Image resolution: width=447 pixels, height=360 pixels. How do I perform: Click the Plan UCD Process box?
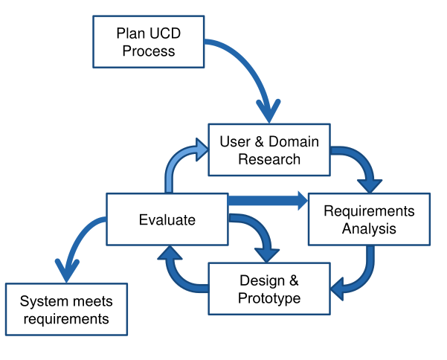(x=148, y=42)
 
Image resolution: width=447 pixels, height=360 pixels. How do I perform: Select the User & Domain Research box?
(x=269, y=150)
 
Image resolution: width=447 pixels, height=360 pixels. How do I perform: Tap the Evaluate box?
(x=167, y=219)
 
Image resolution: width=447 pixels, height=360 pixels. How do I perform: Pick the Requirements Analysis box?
(x=369, y=219)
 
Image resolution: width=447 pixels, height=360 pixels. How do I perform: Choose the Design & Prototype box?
(x=269, y=289)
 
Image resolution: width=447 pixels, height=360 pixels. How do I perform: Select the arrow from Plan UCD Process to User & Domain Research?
(x=253, y=74)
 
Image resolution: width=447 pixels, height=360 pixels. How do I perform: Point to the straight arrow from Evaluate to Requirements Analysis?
(x=268, y=199)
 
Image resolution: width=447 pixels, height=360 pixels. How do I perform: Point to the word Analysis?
(x=369, y=228)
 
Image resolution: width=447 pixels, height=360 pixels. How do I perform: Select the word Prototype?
(x=269, y=298)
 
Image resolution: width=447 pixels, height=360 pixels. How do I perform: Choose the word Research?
(x=269, y=158)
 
